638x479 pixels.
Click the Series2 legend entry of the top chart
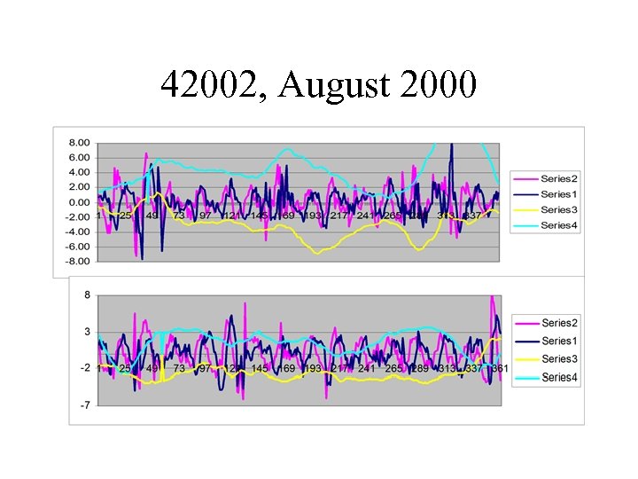[556, 179]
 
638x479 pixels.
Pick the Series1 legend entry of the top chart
[556, 194]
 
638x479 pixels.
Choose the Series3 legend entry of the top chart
[556, 210]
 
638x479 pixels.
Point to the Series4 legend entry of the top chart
[556, 225]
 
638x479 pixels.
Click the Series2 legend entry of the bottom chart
[558, 323]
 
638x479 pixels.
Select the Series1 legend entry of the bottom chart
[558, 341]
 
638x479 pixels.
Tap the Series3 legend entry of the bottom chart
[558, 359]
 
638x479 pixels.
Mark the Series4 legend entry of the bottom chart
[558, 377]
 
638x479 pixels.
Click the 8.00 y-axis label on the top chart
[79, 142]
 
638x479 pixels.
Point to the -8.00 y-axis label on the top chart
[77, 261]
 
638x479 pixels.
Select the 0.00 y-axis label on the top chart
[79, 201]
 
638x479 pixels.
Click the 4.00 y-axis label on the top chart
[79, 172]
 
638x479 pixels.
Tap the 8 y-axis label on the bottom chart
[87, 294]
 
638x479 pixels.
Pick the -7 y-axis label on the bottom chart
[85, 405]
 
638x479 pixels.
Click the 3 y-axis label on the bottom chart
[87, 332]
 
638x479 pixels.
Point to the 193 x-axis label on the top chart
[313, 216]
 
